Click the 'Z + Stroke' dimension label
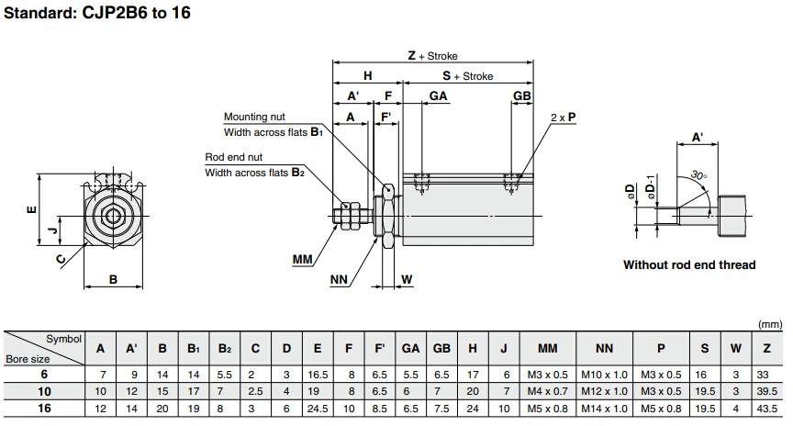click(x=432, y=56)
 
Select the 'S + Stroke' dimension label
click(x=468, y=76)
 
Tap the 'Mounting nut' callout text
click(x=254, y=117)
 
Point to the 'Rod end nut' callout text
click(x=233, y=157)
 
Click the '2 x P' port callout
click(x=564, y=118)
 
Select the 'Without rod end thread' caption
click(x=689, y=265)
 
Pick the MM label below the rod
click(x=303, y=260)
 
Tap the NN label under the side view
click(x=339, y=279)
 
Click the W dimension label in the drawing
click(x=407, y=279)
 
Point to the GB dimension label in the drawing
click(x=522, y=96)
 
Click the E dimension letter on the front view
click(x=32, y=210)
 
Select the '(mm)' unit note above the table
click(x=770, y=324)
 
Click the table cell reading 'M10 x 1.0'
click(x=604, y=375)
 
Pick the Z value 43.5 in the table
click(x=765, y=408)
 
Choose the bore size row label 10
click(x=42, y=391)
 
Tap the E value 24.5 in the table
click(x=317, y=408)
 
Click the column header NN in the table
click(x=604, y=349)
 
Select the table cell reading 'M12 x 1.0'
click(x=604, y=391)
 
